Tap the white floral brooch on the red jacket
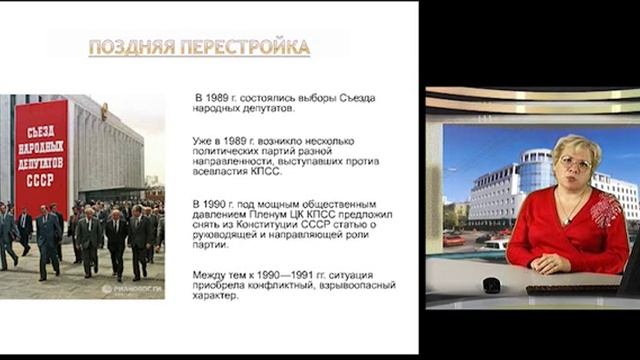click(606, 211)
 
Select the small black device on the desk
click(491, 286)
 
